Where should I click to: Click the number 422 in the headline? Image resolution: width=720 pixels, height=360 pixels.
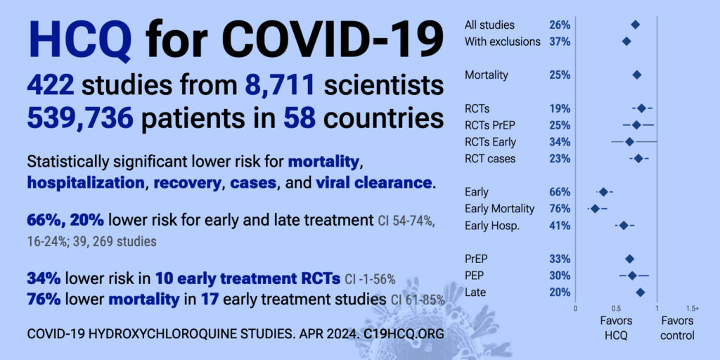(x=51, y=85)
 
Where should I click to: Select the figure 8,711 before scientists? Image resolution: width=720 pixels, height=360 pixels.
(x=280, y=85)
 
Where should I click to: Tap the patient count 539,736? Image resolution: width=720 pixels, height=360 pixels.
(x=80, y=118)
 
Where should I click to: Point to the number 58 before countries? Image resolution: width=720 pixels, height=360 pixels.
(x=300, y=118)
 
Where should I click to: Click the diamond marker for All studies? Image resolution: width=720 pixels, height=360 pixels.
(x=635, y=25)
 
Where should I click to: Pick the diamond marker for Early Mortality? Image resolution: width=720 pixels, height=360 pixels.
(x=595, y=209)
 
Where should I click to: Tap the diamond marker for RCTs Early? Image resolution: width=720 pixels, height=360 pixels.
(x=629, y=142)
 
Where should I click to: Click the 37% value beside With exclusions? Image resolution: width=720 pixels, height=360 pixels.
(x=560, y=41)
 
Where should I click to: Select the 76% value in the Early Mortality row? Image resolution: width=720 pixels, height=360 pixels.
(x=560, y=209)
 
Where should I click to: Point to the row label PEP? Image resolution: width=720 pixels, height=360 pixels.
(x=475, y=276)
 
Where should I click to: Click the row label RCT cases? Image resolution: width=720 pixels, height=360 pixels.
(x=490, y=159)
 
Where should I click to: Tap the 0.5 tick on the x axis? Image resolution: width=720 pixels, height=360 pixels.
(x=616, y=308)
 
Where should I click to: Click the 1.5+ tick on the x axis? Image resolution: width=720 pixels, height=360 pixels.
(x=693, y=308)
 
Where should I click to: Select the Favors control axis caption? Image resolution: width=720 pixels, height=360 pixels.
(x=677, y=328)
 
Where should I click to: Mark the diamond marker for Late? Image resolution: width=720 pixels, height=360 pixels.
(x=640, y=292)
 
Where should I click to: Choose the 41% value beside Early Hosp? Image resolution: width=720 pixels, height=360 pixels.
(x=560, y=226)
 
